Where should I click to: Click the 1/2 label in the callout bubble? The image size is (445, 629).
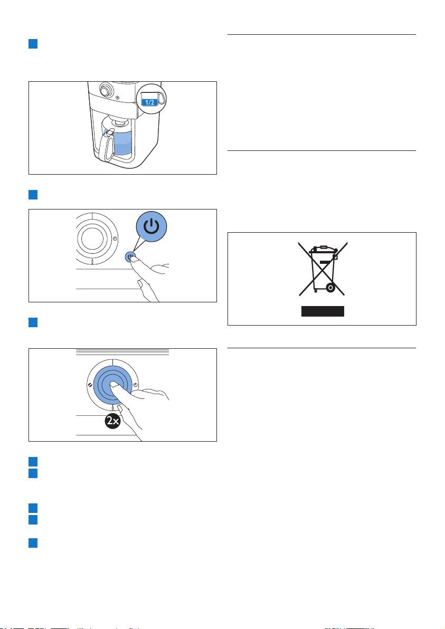pyautogui.click(x=149, y=102)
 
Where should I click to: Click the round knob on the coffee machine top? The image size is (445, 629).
pyautogui.click(x=106, y=90)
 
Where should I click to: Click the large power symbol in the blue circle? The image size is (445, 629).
pyautogui.click(x=152, y=227)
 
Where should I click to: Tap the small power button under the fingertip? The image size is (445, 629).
pyautogui.click(x=130, y=257)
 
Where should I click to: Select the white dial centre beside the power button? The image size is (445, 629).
pyautogui.click(x=92, y=238)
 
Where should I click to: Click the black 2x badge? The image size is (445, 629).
pyautogui.click(x=113, y=421)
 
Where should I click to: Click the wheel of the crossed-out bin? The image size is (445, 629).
pyautogui.click(x=330, y=288)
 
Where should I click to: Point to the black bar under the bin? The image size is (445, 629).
pyautogui.click(x=323, y=311)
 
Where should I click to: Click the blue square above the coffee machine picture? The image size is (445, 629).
pyautogui.click(x=33, y=44)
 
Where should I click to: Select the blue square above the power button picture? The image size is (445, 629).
pyautogui.click(x=33, y=195)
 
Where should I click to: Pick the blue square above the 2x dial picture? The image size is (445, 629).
pyautogui.click(x=33, y=322)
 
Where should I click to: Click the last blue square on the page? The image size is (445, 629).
pyautogui.click(x=33, y=543)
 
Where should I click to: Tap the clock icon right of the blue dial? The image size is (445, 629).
pyautogui.click(x=135, y=384)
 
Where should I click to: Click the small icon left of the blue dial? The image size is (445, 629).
pyautogui.click(x=90, y=384)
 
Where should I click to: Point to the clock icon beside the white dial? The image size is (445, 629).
pyautogui.click(x=115, y=239)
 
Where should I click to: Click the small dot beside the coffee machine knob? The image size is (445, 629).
pyautogui.click(x=117, y=97)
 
